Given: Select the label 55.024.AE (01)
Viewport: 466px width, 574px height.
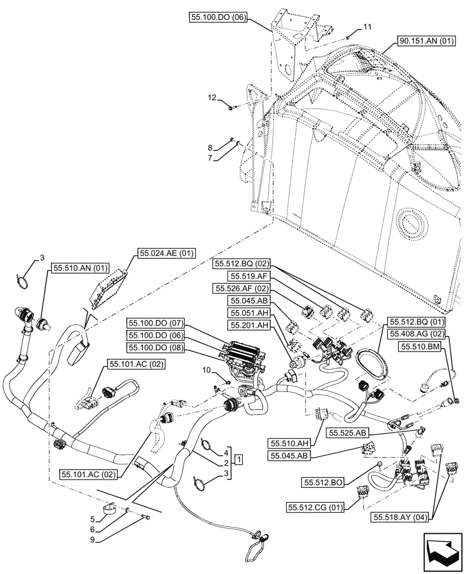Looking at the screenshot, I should pyautogui.click(x=166, y=253).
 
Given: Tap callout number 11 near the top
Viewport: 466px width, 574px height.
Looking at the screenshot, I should pyautogui.click(x=367, y=27).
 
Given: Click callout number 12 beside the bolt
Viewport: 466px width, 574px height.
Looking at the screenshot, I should pyautogui.click(x=213, y=99).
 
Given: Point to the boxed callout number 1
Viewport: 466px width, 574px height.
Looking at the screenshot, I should pyautogui.click(x=238, y=459).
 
